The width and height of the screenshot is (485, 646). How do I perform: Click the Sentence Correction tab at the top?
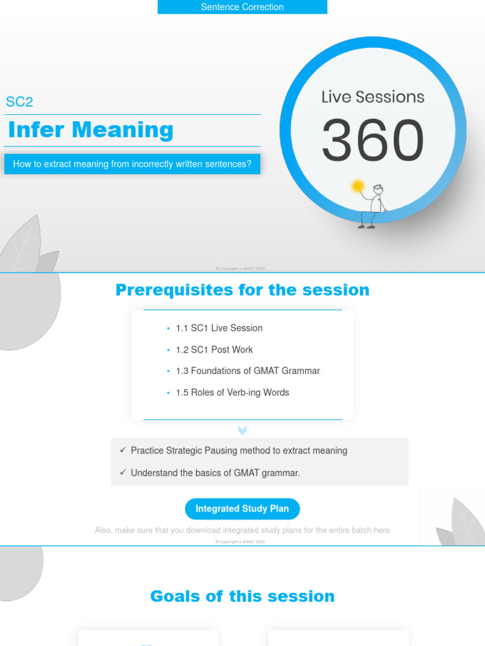[x=242, y=7]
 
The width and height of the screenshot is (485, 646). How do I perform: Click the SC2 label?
[x=19, y=102]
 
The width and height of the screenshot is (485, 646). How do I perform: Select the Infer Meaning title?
[x=90, y=130]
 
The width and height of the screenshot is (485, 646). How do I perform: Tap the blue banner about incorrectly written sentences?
[x=132, y=164]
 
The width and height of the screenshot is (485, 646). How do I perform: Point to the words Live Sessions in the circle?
[x=373, y=97]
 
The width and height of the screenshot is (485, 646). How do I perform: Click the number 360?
[x=373, y=140]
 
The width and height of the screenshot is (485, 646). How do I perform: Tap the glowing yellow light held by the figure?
[x=358, y=186]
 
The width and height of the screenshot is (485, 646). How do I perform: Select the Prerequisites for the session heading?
[x=242, y=290]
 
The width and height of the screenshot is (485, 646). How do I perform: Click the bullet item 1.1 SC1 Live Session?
[x=219, y=328]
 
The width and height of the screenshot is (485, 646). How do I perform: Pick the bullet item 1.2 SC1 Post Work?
[x=214, y=349]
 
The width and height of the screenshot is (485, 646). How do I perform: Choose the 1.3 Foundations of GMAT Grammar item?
[x=248, y=371]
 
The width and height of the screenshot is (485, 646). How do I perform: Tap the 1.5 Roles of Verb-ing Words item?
[x=232, y=392]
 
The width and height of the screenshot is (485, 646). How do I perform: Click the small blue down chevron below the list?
[x=242, y=430]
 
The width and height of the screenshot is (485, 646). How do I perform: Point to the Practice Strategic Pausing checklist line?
[x=239, y=450]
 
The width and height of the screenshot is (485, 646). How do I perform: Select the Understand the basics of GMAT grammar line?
[x=215, y=473]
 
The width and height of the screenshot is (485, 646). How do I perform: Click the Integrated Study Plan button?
[x=242, y=509]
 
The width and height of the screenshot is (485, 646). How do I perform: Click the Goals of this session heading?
[x=242, y=596]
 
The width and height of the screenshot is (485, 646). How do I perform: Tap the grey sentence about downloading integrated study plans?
[x=242, y=531]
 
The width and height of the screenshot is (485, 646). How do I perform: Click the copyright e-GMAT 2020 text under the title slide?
[x=240, y=269]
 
